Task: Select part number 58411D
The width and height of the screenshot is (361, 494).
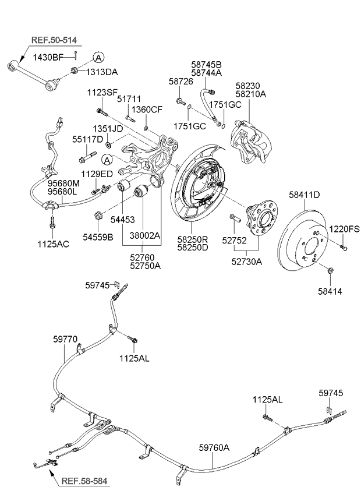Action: point(305,195)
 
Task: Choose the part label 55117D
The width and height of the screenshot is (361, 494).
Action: point(87,140)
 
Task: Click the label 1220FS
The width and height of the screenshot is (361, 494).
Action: point(345,229)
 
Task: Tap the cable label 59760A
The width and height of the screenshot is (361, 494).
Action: point(214,447)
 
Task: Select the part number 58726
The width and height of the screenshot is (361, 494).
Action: point(180,82)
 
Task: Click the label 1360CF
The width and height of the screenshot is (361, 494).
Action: point(146,110)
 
